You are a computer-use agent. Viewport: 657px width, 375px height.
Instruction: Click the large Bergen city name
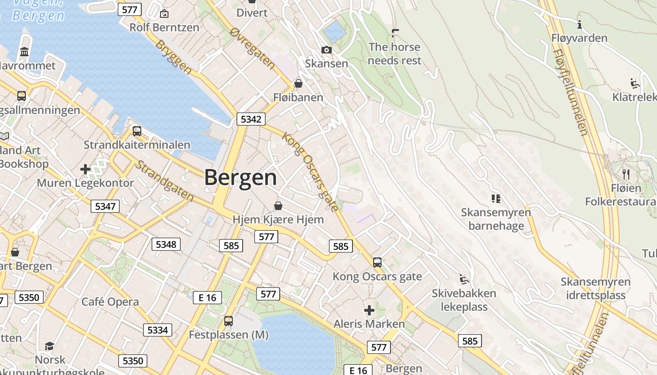(240, 178)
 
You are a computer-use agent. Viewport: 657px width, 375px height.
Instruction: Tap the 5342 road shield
(251, 119)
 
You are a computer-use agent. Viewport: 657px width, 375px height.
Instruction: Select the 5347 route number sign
(105, 206)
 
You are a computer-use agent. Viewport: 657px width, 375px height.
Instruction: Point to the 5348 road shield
(166, 244)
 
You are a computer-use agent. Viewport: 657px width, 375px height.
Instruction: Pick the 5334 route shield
(157, 330)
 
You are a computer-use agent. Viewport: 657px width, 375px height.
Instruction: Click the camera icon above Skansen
(326, 50)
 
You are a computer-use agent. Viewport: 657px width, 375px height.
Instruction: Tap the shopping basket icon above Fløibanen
(298, 83)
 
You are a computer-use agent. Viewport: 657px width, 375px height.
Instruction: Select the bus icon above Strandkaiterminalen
(137, 131)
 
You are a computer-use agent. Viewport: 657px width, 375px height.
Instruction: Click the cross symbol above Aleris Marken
(369, 310)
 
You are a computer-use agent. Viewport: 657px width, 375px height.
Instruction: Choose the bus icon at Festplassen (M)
(228, 321)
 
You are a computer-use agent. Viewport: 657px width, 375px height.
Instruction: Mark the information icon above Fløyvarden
(580, 24)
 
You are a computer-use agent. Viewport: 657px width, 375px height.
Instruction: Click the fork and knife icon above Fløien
(626, 174)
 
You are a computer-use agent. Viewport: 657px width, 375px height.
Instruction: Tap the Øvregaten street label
(253, 48)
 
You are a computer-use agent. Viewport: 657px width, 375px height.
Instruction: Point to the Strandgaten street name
(165, 181)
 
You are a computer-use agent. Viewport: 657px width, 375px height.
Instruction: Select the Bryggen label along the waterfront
(173, 57)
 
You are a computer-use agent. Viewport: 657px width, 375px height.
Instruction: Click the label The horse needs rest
(395, 54)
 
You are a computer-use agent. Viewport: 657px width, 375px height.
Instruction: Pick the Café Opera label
(110, 302)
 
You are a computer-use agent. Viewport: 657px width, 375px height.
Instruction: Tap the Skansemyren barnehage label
(496, 219)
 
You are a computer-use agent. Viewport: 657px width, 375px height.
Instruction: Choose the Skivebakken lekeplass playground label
(464, 300)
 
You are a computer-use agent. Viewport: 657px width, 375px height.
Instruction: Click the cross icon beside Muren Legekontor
(85, 169)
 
